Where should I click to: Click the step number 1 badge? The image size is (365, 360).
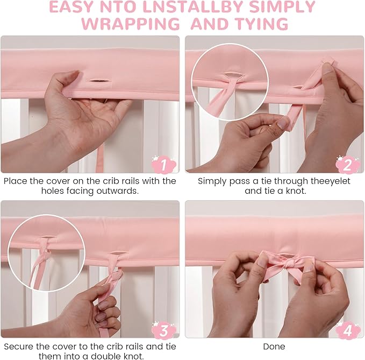[x=163, y=165]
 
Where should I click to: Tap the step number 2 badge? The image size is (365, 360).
[x=348, y=165]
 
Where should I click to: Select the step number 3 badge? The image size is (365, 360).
[x=163, y=330]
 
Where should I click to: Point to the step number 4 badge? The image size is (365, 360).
[x=348, y=330]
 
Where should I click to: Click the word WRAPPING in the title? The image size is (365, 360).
[x=131, y=24]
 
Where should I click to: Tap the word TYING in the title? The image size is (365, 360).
[x=262, y=24]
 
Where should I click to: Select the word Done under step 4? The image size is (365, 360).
[x=274, y=347]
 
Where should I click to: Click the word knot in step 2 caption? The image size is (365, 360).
[x=296, y=191]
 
